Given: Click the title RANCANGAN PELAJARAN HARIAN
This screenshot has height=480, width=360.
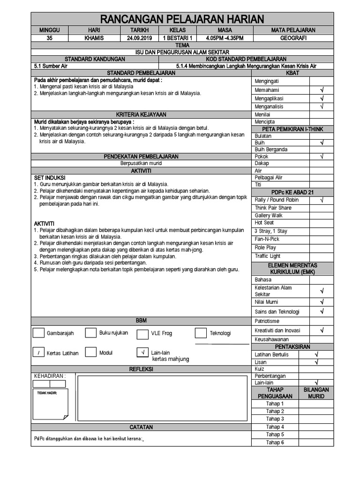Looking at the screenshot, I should [182, 19].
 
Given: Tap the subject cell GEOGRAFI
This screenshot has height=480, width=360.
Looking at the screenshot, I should [293, 37].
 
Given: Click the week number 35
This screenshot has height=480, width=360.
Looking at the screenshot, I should [50, 37].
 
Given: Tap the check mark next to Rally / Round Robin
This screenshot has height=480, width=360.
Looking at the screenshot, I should [322, 200].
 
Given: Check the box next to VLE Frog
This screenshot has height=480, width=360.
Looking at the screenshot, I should [142, 334].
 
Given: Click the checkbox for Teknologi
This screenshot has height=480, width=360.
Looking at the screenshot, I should [201, 333].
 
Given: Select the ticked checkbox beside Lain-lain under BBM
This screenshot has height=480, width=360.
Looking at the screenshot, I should [142, 352].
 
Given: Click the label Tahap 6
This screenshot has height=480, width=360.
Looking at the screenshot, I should [275, 442].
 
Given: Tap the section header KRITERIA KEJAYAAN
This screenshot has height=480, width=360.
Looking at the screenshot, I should [141, 115].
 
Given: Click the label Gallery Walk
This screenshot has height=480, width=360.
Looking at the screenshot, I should [269, 216].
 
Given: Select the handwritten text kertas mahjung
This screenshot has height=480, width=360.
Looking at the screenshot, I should [171, 359].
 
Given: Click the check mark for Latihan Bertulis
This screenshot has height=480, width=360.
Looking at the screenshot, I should [317, 355].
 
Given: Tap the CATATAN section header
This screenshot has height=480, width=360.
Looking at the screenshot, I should [141, 427].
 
